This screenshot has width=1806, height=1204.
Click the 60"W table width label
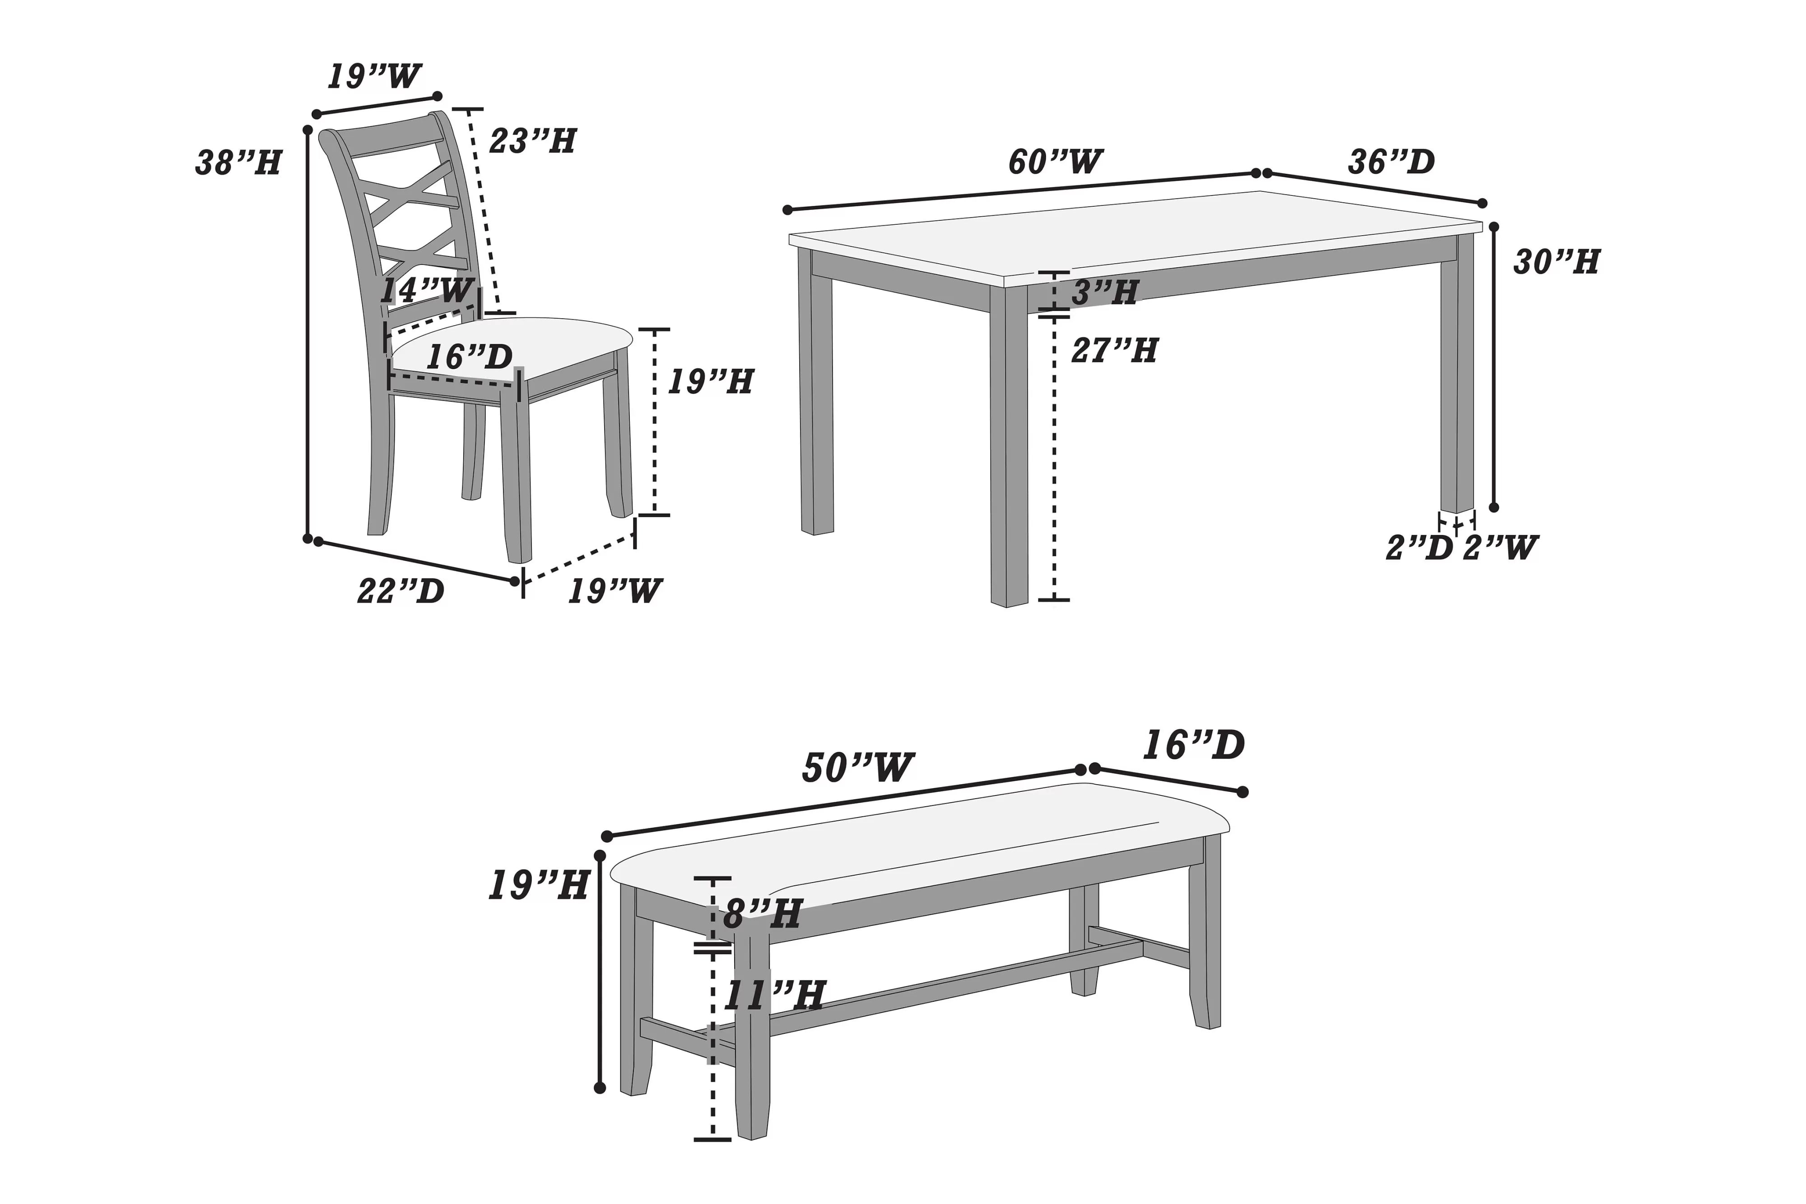[x=1055, y=162]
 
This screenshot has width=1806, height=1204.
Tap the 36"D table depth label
[x=1391, y=162]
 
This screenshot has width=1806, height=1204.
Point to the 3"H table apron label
[x=1104, y=293]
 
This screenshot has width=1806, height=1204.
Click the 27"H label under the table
[x=1114, y=351]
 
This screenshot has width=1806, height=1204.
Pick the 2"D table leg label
[x=1419, y=548]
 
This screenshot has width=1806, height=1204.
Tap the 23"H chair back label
[x=532, y=141]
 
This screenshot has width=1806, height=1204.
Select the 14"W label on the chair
[x=427, y=290]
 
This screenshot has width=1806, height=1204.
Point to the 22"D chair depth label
[x=401, y=591]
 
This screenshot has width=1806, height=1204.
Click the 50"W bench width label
[x=858, y=768]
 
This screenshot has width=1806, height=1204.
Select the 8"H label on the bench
[x=762, y=915]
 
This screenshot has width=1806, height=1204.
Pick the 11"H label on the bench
[x=774, y=996]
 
